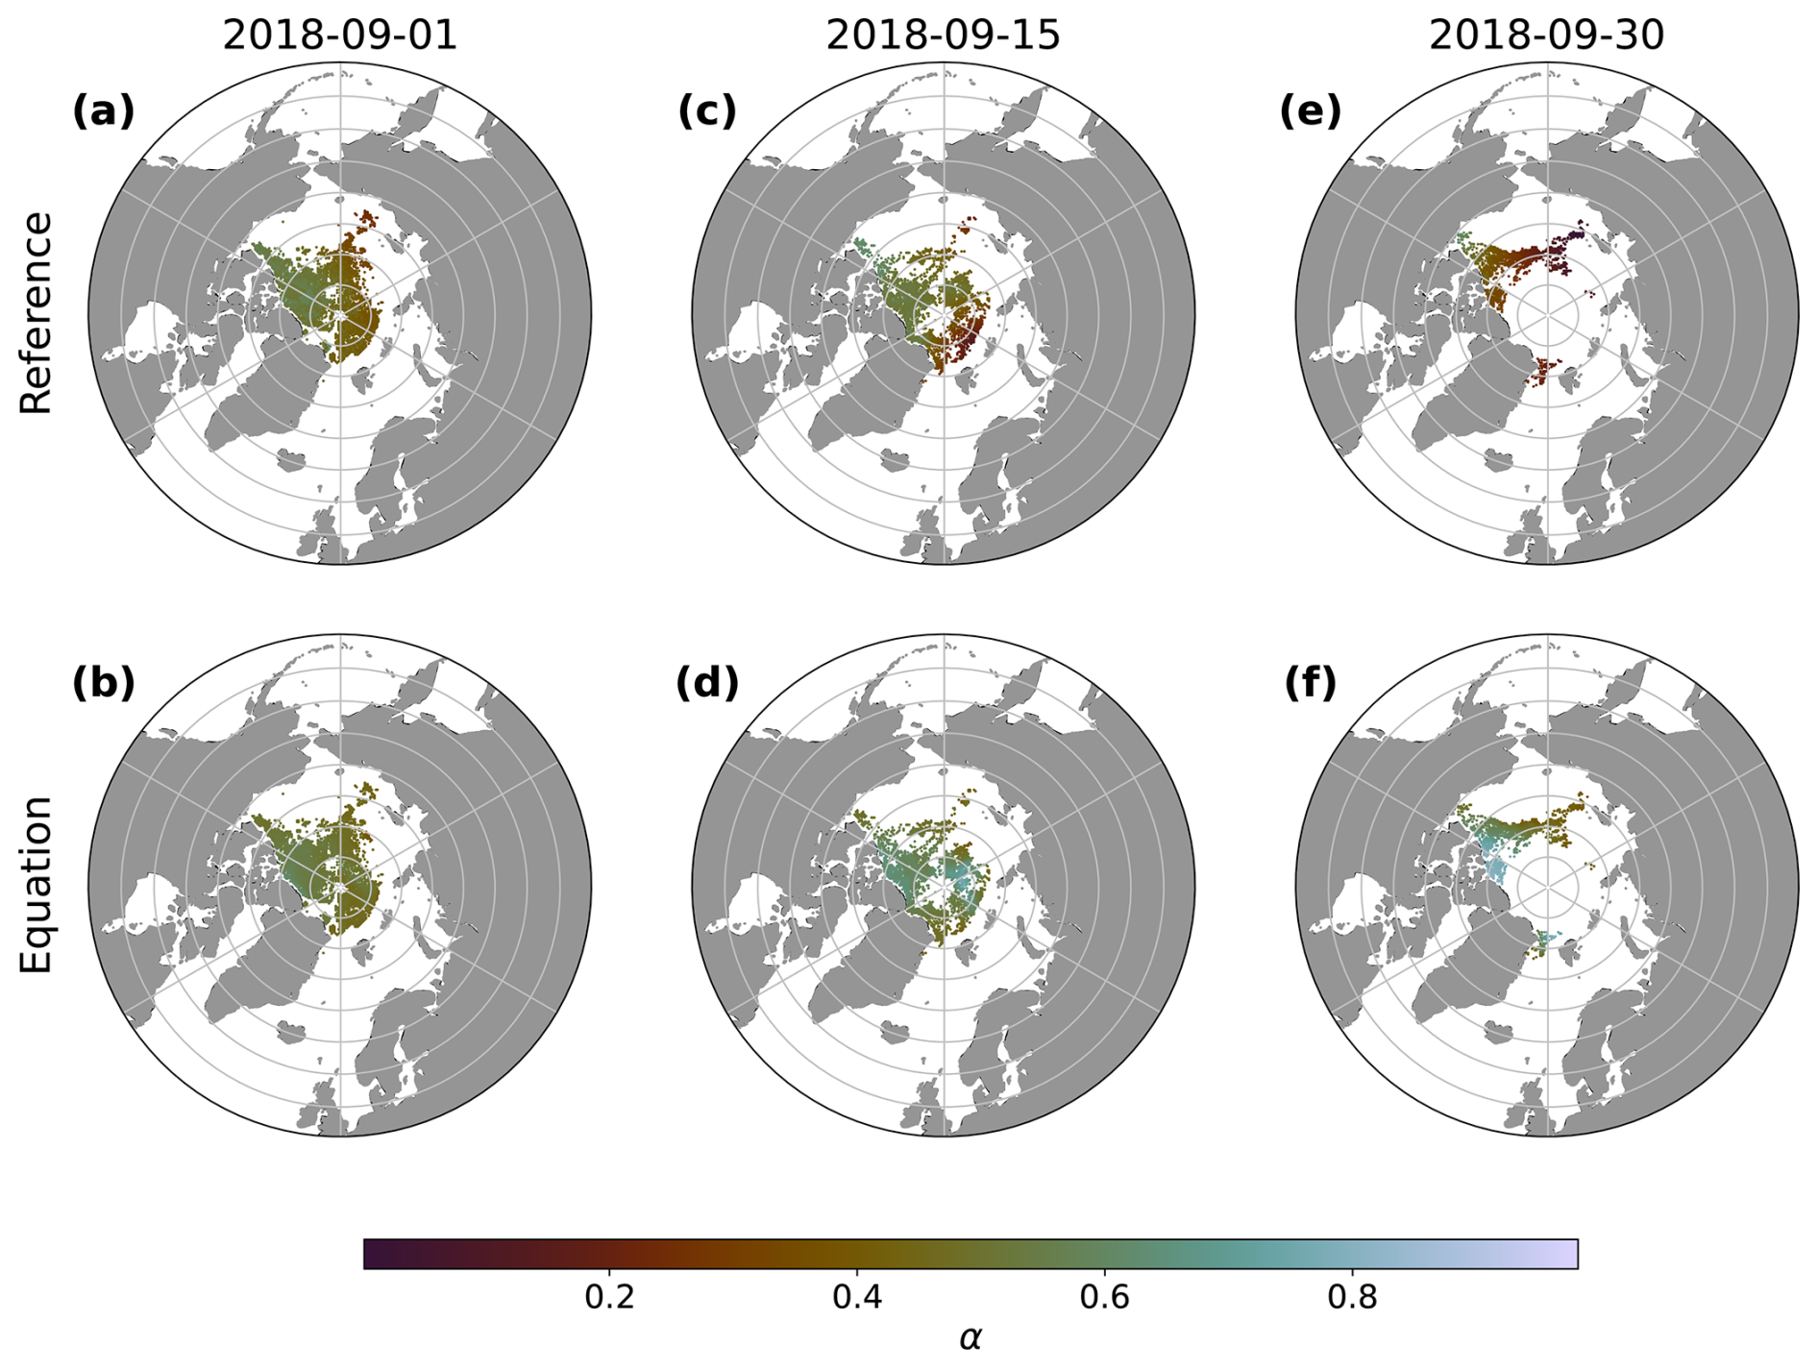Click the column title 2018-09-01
pos(340,36)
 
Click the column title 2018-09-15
pos(943,36)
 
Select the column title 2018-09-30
pos(1546,36)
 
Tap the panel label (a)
pos(104,111)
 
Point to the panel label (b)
pos(104,683)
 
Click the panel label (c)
pos(707,111)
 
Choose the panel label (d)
pos(707,683)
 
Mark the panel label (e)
pos(1310,111)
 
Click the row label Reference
pos(37,313)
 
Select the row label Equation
pos(37,885)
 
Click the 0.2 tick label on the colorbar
pos(610,1298)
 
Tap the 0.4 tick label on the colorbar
pos(857,1298)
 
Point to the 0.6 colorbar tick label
pos(1105,1298)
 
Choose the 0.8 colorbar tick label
pos(1352,1298)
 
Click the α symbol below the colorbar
pos(970,1337)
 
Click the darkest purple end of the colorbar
pos(369,1254)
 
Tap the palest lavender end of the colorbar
pos(1572,1254)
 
